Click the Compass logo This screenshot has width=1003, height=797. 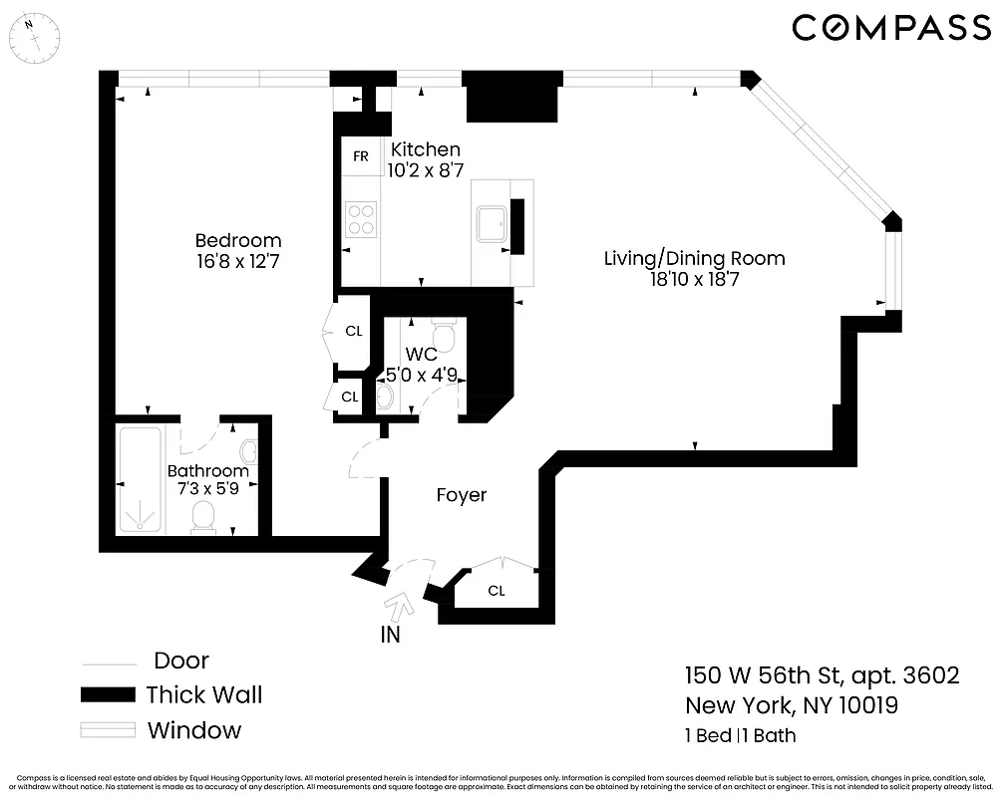tap(890, 28)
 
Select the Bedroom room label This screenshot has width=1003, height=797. tap(237, 240)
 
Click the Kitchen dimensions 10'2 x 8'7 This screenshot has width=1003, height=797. tap(426, 170)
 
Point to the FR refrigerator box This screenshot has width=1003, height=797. tap(361, 157)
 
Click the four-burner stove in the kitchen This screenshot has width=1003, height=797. tap(361, 219)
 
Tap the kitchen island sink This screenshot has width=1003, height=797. tap(492, 225)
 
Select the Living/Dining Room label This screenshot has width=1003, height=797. tap(694, 259)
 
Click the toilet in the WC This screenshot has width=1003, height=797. tap(445, 335)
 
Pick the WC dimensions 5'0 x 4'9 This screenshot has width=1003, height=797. tap(422, 376)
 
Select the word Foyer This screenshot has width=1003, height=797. tap(462, 494)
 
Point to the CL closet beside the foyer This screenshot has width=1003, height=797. tap(497, 591)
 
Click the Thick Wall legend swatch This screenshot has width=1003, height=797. tap(108, 694)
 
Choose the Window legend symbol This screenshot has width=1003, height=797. tap(108, 730)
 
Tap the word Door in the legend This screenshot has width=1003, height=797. tap(181, 661)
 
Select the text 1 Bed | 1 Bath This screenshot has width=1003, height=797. tap(740, 737)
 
